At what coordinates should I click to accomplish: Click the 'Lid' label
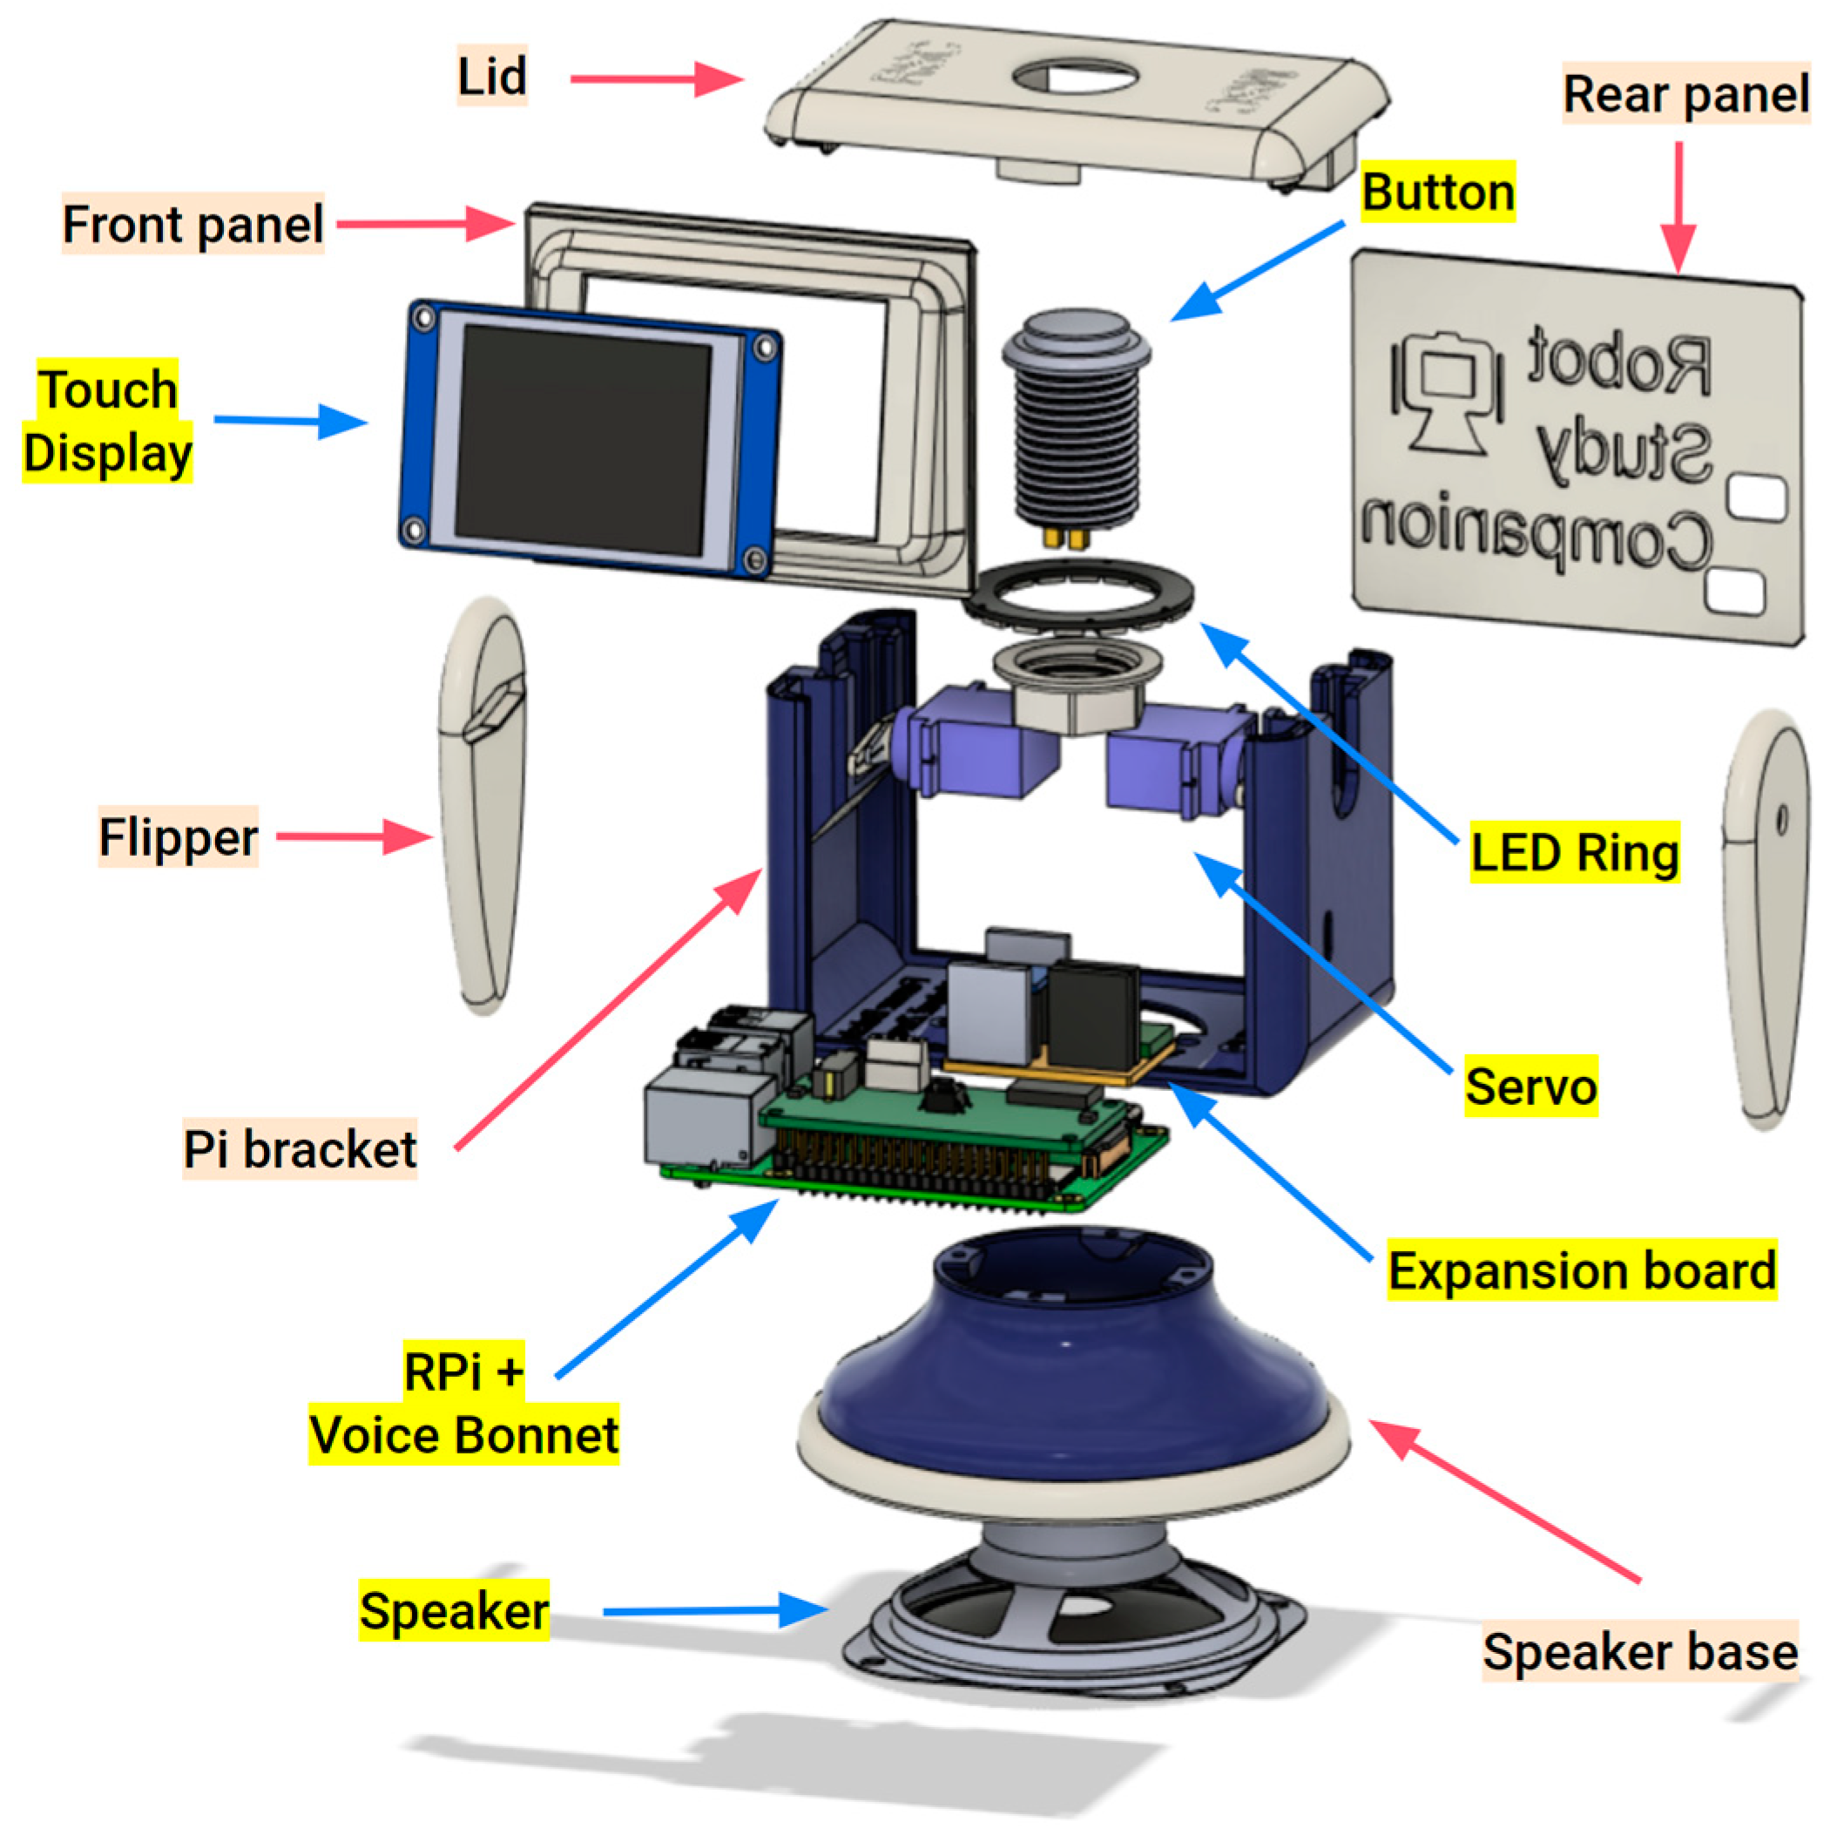[491, 77]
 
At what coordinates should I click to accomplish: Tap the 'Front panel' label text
[192, 225]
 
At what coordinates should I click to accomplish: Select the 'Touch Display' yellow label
[107, 422]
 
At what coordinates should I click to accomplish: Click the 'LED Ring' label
[1573, 851]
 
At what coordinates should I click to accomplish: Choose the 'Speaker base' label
[1638, 1650]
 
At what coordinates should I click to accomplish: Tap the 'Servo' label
[1530, 1085]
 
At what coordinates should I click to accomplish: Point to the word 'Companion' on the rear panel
[1535, 535]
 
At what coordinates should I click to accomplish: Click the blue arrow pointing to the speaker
[715, 1610]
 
